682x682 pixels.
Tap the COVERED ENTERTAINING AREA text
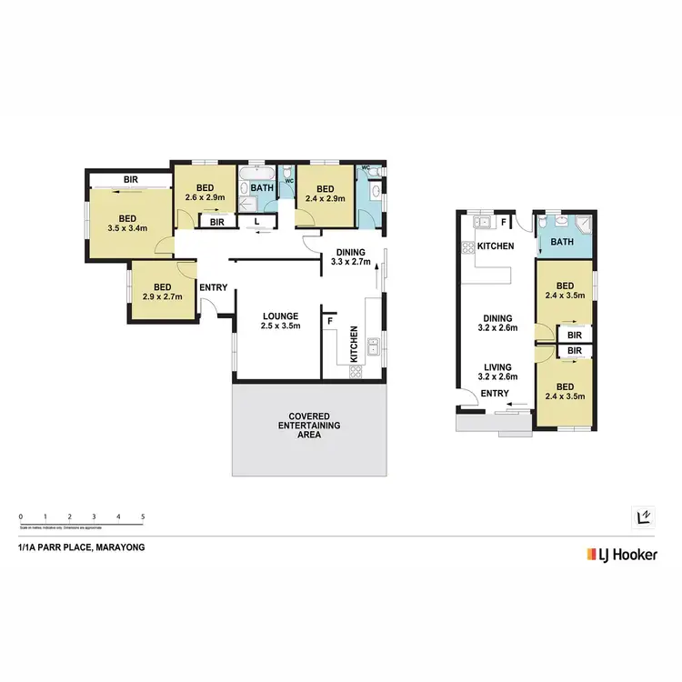[309, 425]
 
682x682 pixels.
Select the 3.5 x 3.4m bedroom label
[127, 224]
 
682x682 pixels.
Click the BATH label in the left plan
[263, 189]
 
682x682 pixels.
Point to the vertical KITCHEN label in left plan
[355, 346]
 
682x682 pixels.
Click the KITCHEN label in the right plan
[496, 246]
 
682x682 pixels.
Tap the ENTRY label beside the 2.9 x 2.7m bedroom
[214, 288]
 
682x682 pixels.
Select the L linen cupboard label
[257, 221]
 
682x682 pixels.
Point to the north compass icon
[641, 516]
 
